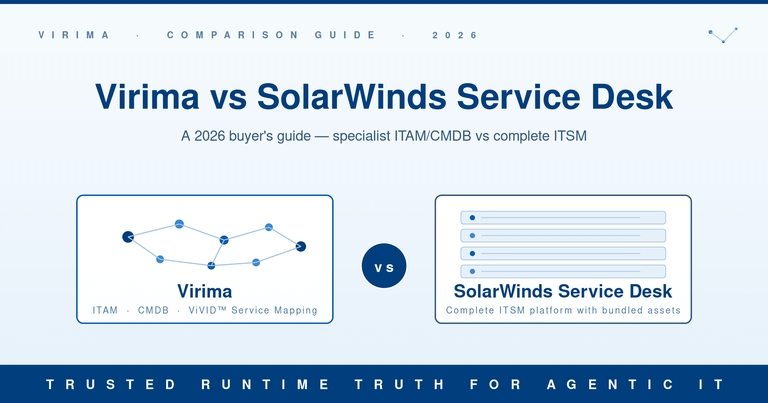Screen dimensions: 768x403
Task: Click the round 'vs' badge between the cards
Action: point(384,266)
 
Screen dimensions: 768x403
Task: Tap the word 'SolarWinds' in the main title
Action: point(352,97)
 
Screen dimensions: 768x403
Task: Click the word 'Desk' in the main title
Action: point(632,97)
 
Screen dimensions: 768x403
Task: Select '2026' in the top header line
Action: point(455,35)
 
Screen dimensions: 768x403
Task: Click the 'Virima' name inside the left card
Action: point(205,291)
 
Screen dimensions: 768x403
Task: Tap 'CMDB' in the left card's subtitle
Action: point(153,310)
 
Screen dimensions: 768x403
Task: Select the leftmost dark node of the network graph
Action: point(128,237)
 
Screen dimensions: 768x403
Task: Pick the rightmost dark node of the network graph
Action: point(301,246)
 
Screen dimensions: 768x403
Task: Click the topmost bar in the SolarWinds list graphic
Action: point(563,217)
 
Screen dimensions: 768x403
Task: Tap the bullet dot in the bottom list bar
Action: point(472,271)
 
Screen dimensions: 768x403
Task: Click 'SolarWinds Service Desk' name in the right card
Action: point(563,291)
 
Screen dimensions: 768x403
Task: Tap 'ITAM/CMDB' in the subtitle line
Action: point(433,136)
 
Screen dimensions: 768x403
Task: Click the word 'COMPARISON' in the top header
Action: point(233,35)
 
